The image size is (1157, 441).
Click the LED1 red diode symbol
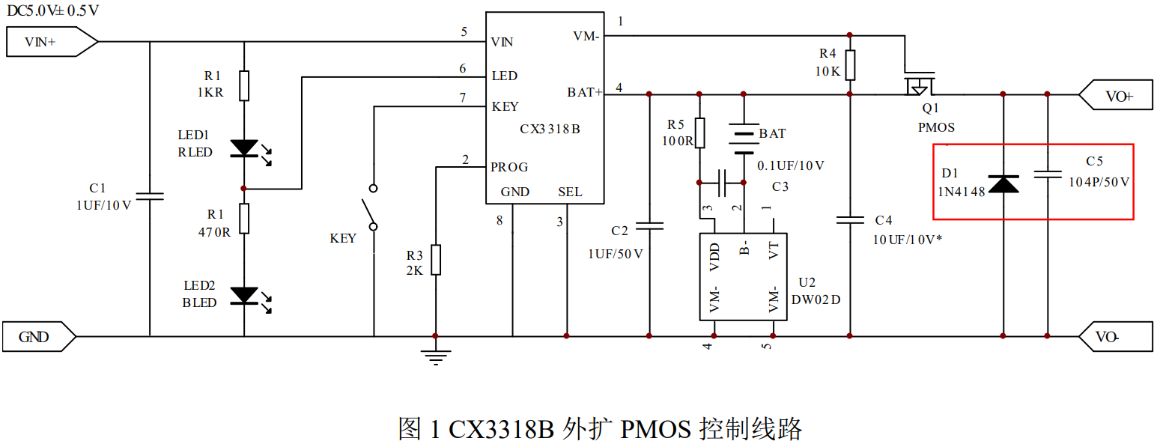(245, 148)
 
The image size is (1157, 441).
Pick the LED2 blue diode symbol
(245, 296)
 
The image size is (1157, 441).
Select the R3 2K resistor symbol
(435, 260)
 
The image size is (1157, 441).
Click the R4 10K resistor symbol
(850, 64)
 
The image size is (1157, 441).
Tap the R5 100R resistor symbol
(699, 133)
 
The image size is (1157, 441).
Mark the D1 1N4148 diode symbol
(1003, 183)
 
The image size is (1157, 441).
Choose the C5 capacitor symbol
(1047, 174)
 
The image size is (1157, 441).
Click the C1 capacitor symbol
(150, 196)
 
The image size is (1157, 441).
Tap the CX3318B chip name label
(550, 129)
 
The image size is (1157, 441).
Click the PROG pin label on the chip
(509, 167)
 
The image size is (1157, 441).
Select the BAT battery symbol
(743, 141)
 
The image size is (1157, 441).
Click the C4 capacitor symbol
(850, 220)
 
